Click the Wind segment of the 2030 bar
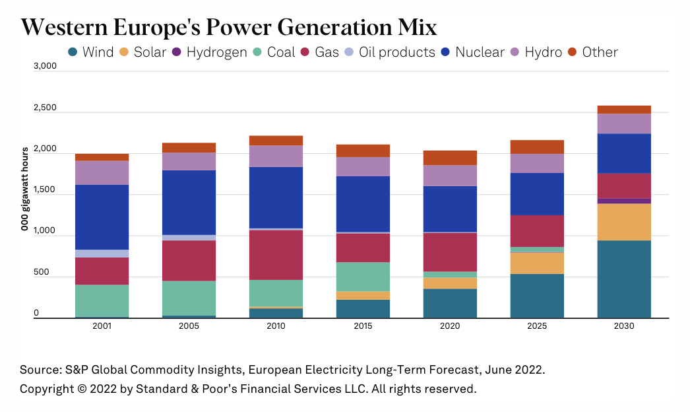tap(624, 279)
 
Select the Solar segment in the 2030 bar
tap(624, 222)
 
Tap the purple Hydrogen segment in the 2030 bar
tap(624, 201)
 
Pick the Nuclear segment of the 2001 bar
tap(102, 217)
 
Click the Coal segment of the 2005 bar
tap(189, 298)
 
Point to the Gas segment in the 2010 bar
tap(276, 254)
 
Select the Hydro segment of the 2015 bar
tap(363, 166)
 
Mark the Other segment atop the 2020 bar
tap(450, 157)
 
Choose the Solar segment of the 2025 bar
tap(537, 263)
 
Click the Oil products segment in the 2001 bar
tap(102, 254)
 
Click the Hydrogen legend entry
tap(210, 52)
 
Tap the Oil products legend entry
tap(389, 52)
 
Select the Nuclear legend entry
tap(472, 52)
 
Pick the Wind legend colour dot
tap(73, 52)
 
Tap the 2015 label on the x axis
tap(363, 326)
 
